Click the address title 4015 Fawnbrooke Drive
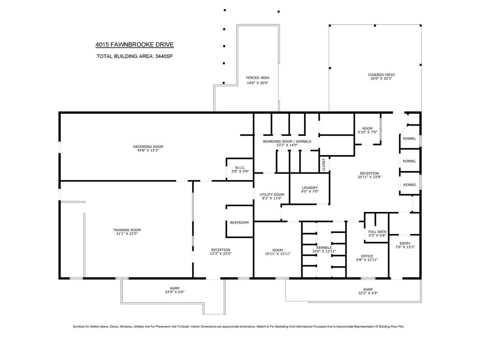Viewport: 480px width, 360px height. click(x=135, y=45)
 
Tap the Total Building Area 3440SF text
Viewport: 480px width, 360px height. click(x=135, y=56)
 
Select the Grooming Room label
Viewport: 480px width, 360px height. click(x=148, y=147)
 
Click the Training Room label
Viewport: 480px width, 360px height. click(x=127, y=230)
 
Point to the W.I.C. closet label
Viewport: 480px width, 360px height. click(x=240, y=168)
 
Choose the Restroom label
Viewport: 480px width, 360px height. click(x=240, y=223)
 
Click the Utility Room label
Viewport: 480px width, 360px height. click(x=272, y=195)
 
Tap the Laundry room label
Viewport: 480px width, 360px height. click(x=310, y=187)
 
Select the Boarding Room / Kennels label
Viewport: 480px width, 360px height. click(x=287, y=142)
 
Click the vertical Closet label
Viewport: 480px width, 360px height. click(x=324, y=165)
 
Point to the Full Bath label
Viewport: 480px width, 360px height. click(x=377, y=232)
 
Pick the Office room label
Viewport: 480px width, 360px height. click(x=367, y=256)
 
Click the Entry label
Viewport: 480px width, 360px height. click(x=405, y=243)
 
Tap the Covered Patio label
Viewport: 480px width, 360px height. click(x=382, y=75)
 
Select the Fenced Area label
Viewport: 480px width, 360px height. click(x=258, y=78)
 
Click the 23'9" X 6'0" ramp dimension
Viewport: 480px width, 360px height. click(x=175, y=292)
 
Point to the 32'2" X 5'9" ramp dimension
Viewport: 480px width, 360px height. click(x=368, y=293)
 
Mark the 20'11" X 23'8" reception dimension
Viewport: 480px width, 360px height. click(x=369, y=177)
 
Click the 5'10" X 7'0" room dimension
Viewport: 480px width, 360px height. click(x=367, y=132)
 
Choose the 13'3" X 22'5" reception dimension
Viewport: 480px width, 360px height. click(x=220, y=254)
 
